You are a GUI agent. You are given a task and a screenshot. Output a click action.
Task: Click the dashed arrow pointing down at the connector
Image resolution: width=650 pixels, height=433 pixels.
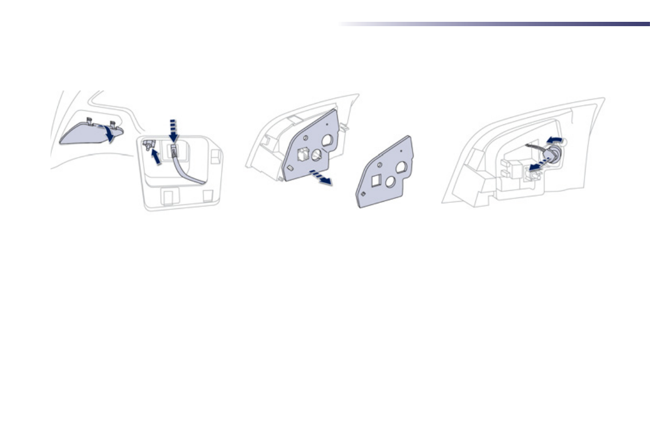point(174,129)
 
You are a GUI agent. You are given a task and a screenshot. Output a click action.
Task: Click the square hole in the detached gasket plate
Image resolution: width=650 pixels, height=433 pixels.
point(376,179)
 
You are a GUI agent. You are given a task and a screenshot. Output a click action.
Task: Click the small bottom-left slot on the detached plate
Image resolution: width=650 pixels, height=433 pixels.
point(363,193)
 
